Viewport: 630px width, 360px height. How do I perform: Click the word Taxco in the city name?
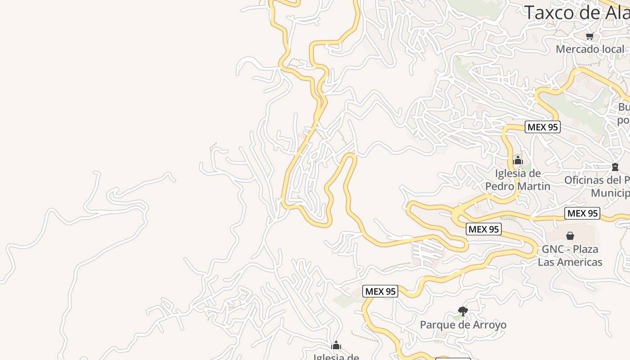coord(552,13)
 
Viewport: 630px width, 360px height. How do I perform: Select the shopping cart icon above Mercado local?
coord(589,36)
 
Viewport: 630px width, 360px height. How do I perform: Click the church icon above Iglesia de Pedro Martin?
coord(517,160)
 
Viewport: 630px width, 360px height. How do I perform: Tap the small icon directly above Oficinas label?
coord(615,167)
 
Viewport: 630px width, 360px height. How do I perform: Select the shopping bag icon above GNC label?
coord(570,236)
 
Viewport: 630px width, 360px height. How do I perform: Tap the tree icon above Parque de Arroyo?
coord(463,311)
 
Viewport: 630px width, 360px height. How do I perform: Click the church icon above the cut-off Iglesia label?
coord(336,346)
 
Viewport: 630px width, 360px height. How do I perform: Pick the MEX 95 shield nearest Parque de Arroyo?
coord(380,291)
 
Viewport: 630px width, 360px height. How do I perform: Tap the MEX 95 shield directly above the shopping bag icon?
coord(583,213)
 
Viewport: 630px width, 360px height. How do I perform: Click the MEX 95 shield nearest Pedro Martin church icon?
coord(542,127)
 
